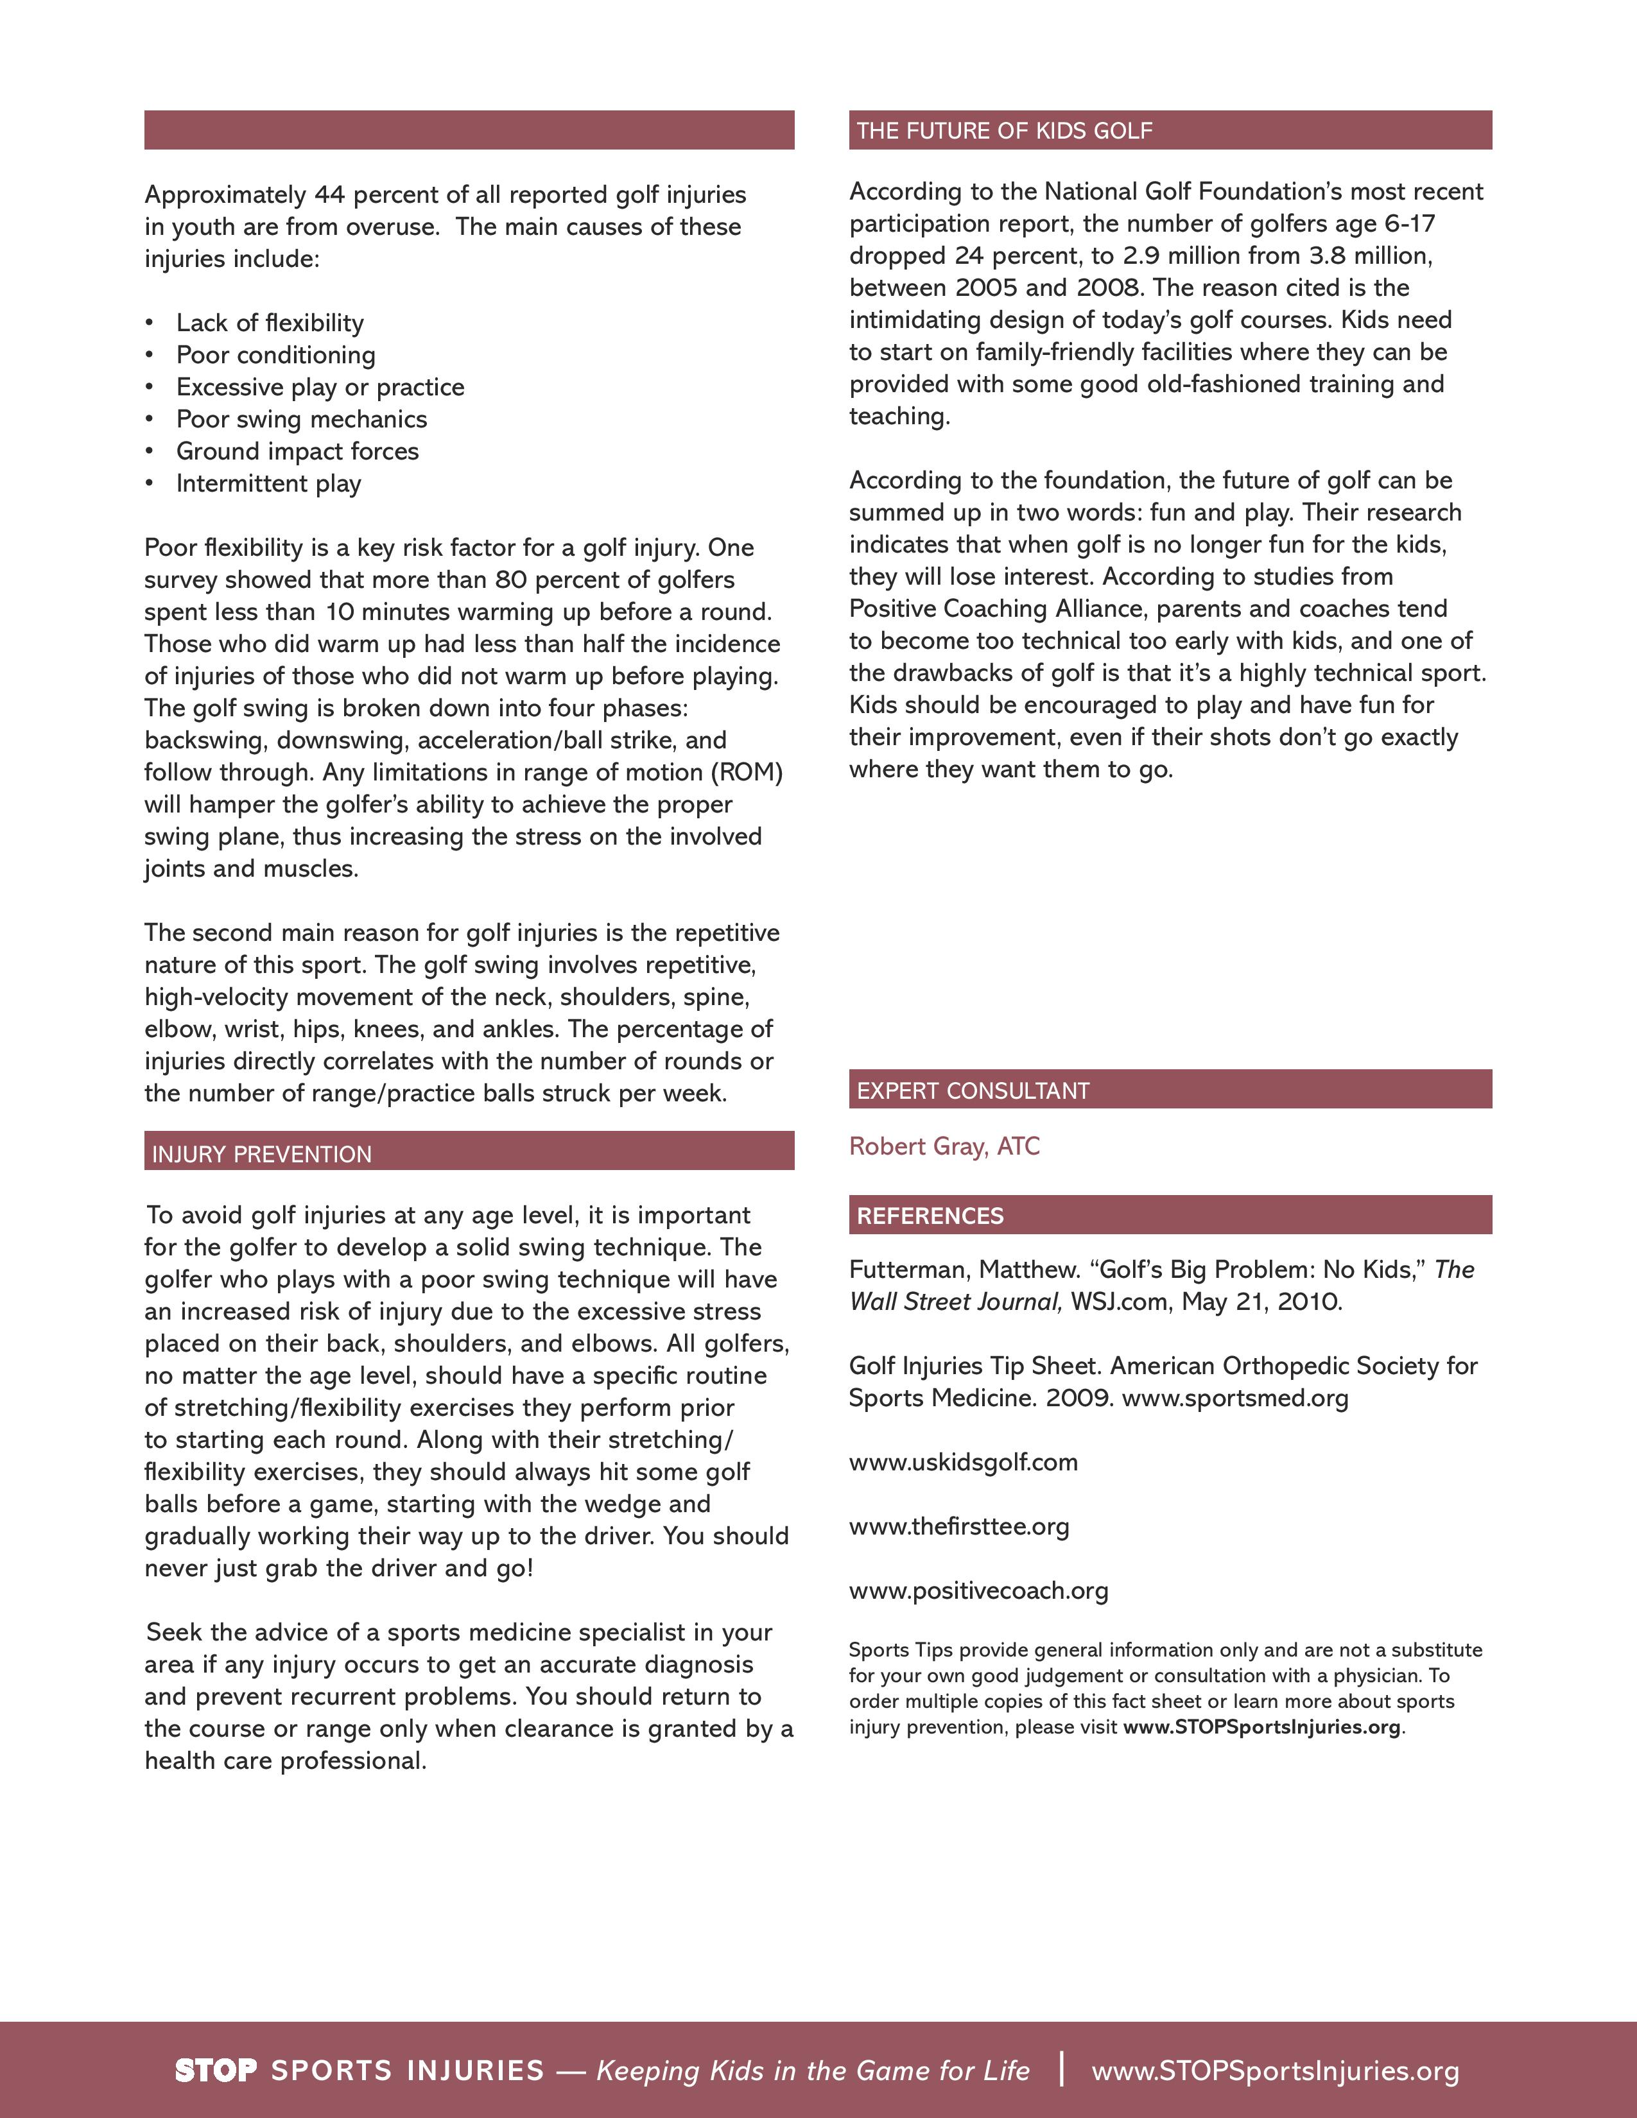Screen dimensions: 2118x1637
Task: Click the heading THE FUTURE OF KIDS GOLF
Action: (x=1004, y=131)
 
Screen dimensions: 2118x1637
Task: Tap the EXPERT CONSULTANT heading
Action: (x=973, y=1091)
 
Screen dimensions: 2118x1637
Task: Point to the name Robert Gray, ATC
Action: (x=944, y=1146)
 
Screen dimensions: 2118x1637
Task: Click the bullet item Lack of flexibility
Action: (x=270, y=323)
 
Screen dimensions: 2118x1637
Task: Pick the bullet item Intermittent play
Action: (x=268, y=483)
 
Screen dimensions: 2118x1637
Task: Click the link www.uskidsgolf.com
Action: (x=963, y=1463)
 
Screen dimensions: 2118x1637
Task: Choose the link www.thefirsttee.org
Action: (x=958, y=1526)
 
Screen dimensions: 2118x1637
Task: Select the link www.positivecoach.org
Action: (x=978, y=1590)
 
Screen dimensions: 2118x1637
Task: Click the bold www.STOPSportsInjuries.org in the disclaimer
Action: (x=1261, y=1727)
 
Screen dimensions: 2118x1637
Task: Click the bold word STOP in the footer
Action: (x=215, y=2071)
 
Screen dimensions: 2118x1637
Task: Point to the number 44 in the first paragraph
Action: (x=329, y=195)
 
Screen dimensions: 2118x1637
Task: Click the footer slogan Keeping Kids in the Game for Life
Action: (x=813, y=2071)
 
